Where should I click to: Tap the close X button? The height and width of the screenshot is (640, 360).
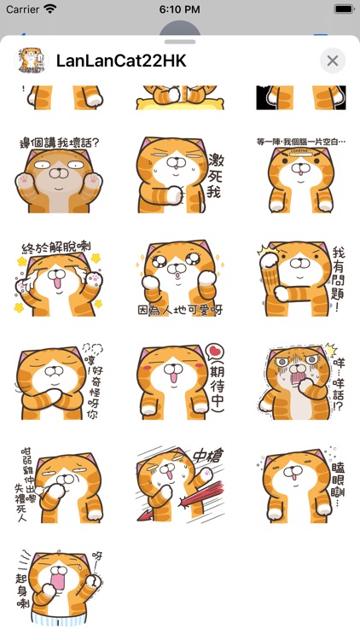click(x=333, y=61)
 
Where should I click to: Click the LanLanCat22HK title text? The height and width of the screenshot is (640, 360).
click(x=120, y=61)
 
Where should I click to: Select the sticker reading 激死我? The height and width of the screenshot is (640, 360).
click(x=179, y=175)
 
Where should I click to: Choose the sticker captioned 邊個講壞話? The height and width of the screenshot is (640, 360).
click(x=58, y=175)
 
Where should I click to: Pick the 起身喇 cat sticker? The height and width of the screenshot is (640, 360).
click(x=58, y=589)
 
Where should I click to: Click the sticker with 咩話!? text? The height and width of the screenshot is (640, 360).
click(x=300, y=384)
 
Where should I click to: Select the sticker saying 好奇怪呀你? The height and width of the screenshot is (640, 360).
click(x=58, y=384)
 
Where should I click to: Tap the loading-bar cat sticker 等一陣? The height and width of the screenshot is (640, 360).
click(x=300, y=175)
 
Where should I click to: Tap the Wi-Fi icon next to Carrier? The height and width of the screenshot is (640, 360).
click(x=50, y=9)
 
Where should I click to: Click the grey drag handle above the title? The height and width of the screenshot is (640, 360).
click(x=180, y=40)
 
